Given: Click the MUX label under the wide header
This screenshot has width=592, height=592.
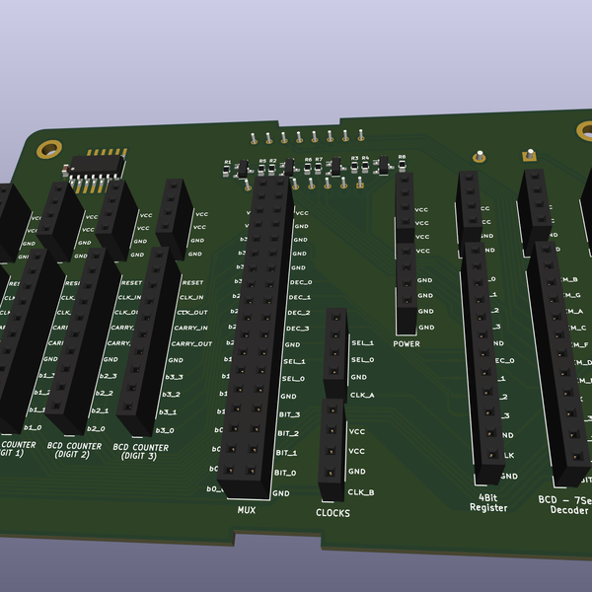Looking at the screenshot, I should (x=246, y=510).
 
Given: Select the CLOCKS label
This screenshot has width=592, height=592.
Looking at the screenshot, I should (x=333, y=513).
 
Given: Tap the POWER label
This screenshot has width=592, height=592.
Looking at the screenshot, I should (x=406, y=344).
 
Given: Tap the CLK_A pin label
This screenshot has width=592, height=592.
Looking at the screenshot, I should (x=362, y=395).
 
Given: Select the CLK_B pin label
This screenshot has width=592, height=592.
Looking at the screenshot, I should (x=361, y=491).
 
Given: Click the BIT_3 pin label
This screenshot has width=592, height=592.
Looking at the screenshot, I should (x=288, y=413).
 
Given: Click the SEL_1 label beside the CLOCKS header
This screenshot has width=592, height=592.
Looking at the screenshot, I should (x=362, y=342).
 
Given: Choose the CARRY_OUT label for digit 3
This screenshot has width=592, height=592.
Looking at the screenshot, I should (x=190, y=344).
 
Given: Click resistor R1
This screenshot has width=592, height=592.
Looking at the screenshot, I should (x=228, y=169).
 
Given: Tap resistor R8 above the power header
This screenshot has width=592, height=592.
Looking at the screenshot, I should (x=402, y=165).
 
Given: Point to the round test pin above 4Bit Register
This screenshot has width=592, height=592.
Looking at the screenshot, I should (x=479, y=155).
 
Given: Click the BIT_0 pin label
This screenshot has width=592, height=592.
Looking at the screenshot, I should (x=286, y=473).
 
